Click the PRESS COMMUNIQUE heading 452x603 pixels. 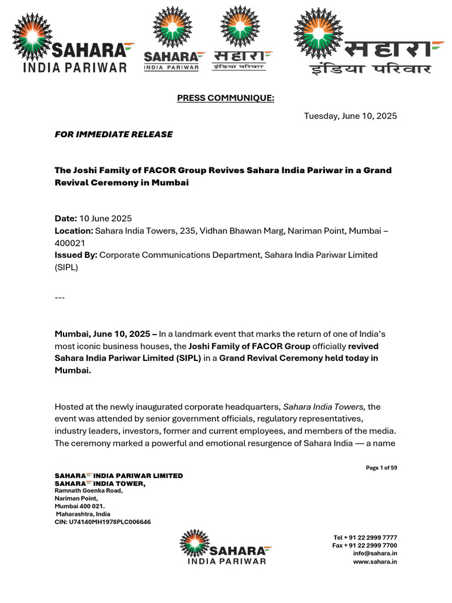(x=225, y=98)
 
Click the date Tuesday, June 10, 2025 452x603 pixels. (x=350, y=116)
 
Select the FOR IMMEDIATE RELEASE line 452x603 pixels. (x=114, y=134)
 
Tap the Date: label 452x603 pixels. (x=66, y=218)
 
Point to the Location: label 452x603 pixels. (x=74, y=231)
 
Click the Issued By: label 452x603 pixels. (x=76, y=255)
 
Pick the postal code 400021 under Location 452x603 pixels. (x=69, y=243)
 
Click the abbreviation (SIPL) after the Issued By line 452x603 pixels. (x=66, y=267)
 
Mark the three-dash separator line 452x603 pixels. (x=59, y=297)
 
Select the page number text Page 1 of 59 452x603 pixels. (x=381, y=468)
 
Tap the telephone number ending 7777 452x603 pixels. (x=365, y=538)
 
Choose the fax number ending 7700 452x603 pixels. (x=364, y=546)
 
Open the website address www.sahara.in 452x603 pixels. (x=375, y=562)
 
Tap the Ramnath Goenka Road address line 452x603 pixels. (x=88, y=491)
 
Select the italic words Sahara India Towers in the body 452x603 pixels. (x=324, y=407)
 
